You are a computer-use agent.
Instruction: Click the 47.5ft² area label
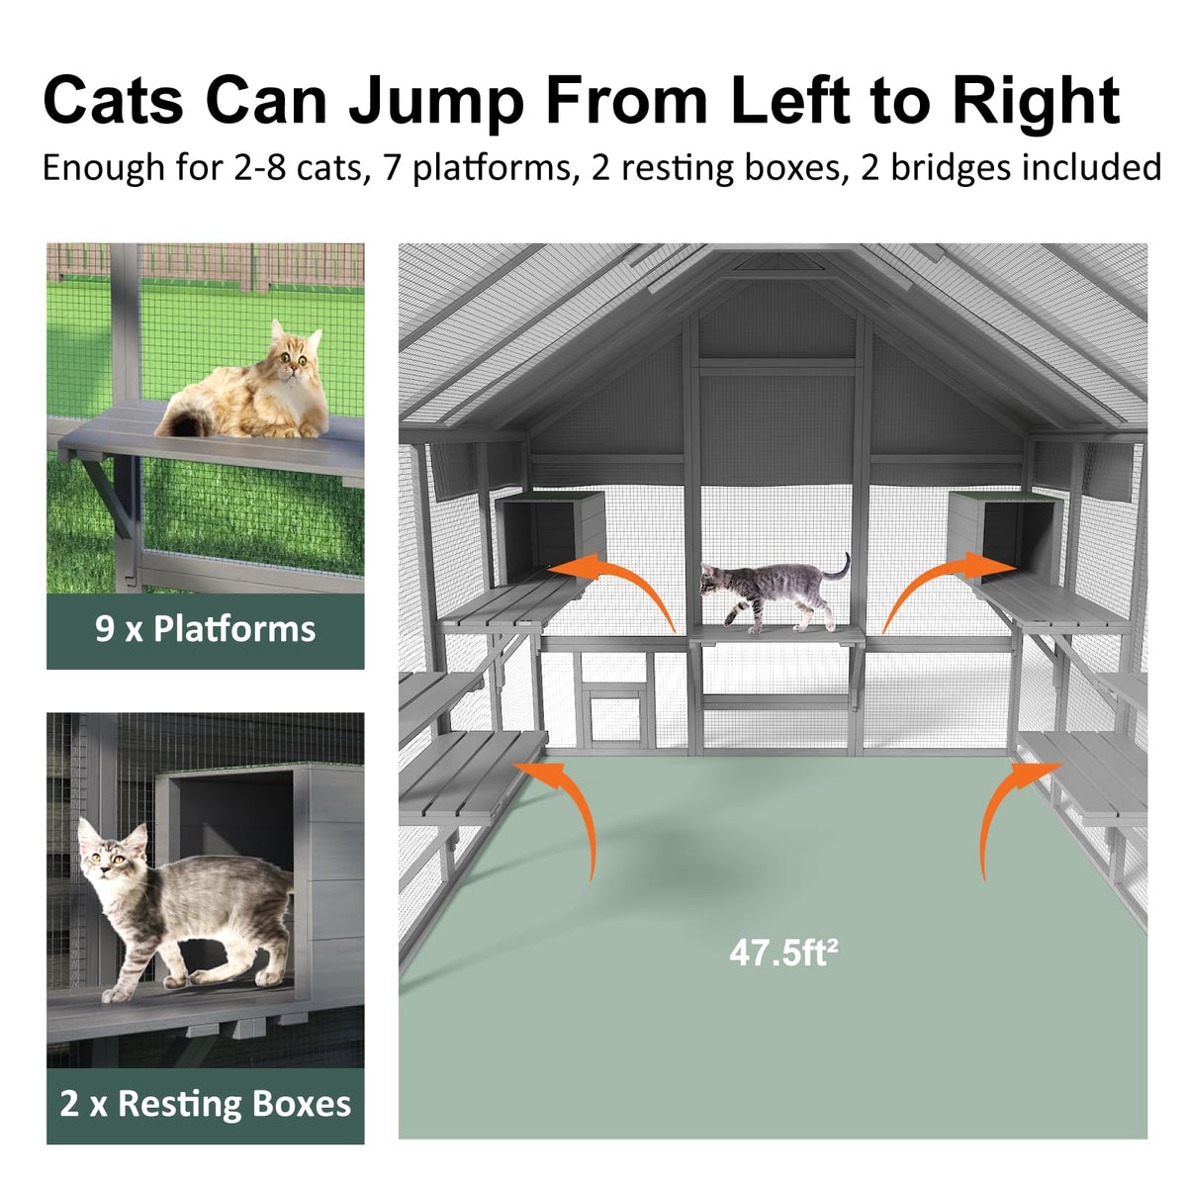[783, 953]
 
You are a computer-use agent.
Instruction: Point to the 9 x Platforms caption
[205, 629]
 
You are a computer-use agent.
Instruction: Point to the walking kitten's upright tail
[838, 568]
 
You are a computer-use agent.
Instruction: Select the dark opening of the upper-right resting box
[1017, 536]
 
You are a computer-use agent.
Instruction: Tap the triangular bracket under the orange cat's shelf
[111, 494]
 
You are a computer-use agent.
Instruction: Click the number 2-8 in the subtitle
[259, 168]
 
